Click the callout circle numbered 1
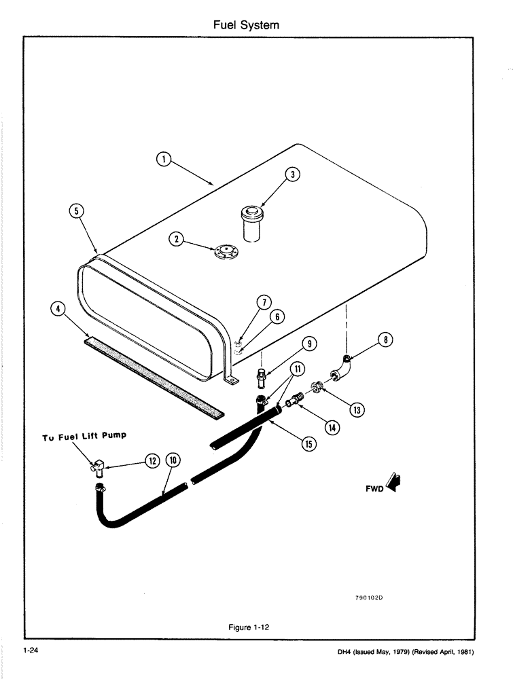tap(162, 159)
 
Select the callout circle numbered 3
tap(291, 174)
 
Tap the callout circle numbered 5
tap(77, 210)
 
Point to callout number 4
tap(59, 310)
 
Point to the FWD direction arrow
tap(391, 483)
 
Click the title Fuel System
tap(246, 25)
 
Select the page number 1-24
tap(29, 652)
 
